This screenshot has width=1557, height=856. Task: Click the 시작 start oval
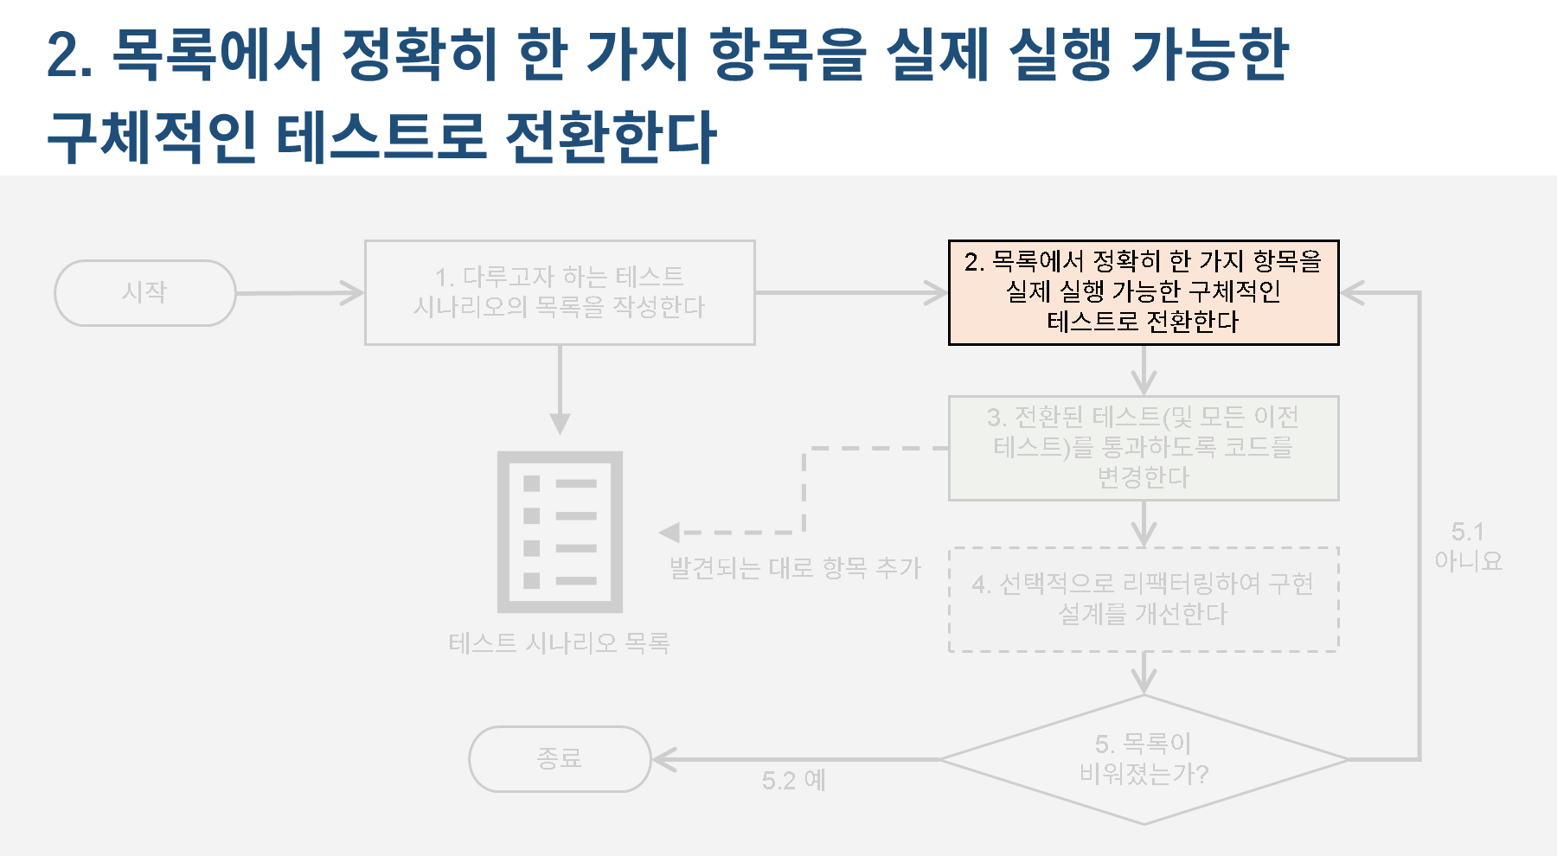click(144, 293)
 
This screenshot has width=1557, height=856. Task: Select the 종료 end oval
click(559, 759)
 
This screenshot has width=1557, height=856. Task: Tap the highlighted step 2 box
click(1143, 292)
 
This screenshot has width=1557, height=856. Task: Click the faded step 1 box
click(559, 292)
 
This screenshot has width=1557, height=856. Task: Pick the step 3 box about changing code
click(1143, 448)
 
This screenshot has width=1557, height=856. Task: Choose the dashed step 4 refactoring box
click(1143, 599)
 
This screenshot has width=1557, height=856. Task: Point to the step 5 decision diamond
click(1143, 759)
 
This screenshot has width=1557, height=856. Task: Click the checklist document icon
click(560, 532)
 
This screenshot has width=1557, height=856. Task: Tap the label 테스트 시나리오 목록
click(559, 643)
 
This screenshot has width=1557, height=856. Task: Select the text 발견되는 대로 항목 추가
click(795, 568)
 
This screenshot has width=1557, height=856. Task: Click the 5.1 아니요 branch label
click(1467, 546)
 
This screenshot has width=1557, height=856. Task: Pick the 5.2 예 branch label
click(793, 781)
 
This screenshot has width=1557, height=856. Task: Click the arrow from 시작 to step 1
click(299, 293)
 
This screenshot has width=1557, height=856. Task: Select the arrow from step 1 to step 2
click(852, 293)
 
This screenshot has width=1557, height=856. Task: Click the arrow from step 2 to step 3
click(1144, 371)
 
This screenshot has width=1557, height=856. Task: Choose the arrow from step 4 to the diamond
click(1144, 674)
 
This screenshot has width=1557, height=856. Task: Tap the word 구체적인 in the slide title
click(151, 137)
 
